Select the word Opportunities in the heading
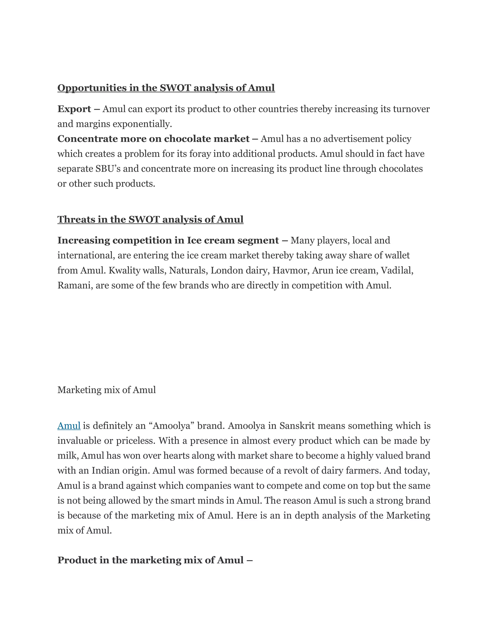click(92, 88)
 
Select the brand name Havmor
click(290, 270)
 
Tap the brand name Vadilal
click(397, 270)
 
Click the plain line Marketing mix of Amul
click(106, 390)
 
